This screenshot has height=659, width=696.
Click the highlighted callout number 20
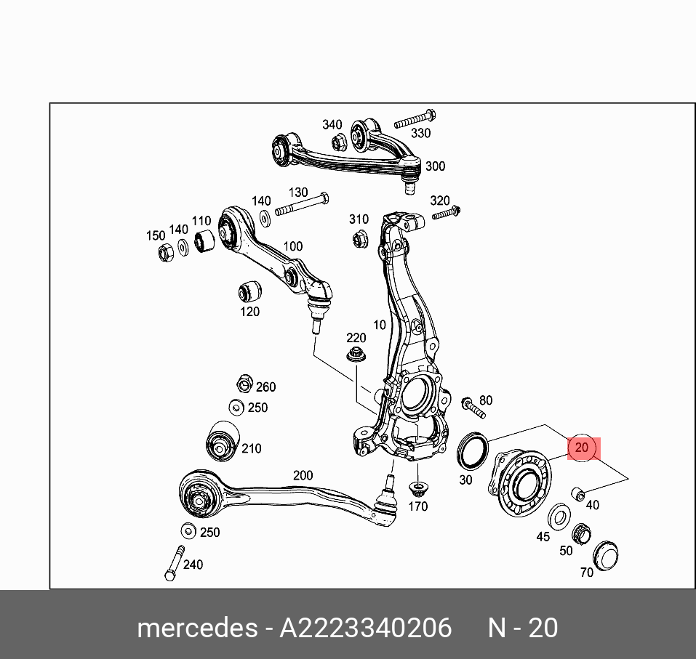[x=581, y=448]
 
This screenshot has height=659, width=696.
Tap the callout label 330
[x=420, y=133]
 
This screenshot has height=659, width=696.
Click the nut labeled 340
[x=337, y=142]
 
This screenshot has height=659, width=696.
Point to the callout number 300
[x=435, y=166]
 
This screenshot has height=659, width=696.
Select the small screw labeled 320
[x=446, y=213]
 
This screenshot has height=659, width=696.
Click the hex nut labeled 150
[x=165, y=252]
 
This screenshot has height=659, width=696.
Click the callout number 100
[x=292, y=246]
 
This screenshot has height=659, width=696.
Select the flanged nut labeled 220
[x=356, y=355]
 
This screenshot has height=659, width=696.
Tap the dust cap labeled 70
[x=605, y=556]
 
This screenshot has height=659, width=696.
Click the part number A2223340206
[x=366, y=628]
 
